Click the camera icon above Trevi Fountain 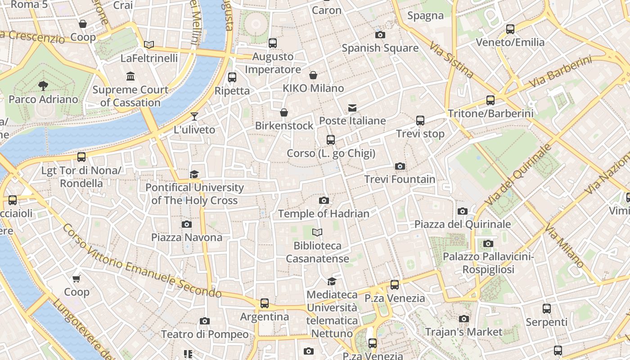coord(400,166)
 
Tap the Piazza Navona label coord(186,237)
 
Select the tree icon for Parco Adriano coord(43,85)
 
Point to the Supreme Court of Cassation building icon coord(131,76)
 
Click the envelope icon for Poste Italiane coord(352,108)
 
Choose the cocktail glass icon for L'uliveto coord(194,117)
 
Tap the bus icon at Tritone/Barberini coord(490,100)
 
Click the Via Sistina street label coord(451,60)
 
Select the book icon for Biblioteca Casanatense coord(317,232)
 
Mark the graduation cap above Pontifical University coord(194,174)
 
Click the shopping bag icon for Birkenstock coord(284,112)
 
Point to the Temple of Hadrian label coord(324,214)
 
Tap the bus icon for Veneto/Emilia coord(510,29)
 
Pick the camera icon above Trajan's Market coord(464,319)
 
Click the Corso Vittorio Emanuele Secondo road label coord(142,261)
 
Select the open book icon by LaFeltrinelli coord(149,45)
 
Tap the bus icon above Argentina coord(265,303)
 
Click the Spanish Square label coord(380,48)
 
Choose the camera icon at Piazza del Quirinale coord(462,211)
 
